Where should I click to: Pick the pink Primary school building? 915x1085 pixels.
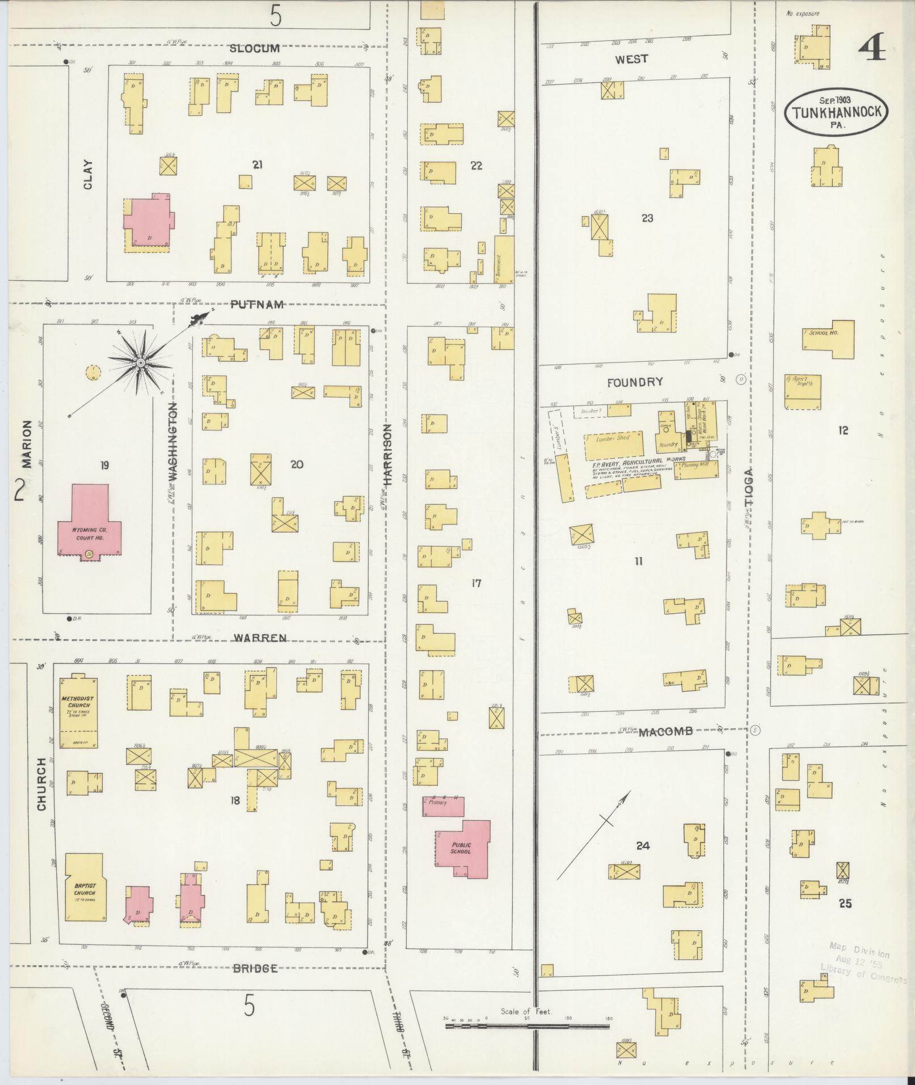(442, 806)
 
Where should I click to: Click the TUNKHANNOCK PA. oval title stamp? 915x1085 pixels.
(836, 111)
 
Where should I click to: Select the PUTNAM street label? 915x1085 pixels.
(257, 305)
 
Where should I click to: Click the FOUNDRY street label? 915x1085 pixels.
(634, 382)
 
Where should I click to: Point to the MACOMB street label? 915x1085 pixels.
(665, 732)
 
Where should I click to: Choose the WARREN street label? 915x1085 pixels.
(261, 638)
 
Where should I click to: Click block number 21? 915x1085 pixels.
(258, 165)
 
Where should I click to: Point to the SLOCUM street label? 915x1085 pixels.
(254, 49)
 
